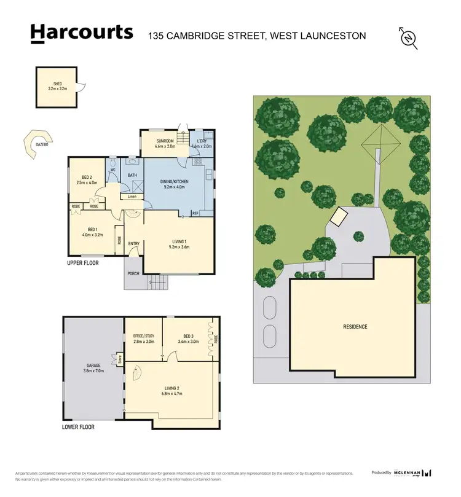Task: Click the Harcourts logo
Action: pyautogui.click(x=81, y=33)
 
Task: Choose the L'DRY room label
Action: pyautogui.click(x=201, y=141)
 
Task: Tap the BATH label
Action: pyautogui.click(x=132, y=175)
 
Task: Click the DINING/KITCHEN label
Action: pyautogui.click(x=174, y=182)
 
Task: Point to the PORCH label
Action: pyautogui.click(x=133, y=273)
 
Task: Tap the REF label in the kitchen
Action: pyautogui.click(x=195, y=213)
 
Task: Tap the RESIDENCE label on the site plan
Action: pyautogui.click(x=355, y=326)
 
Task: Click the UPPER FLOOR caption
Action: pyautogui.click(x=83, y=262)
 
